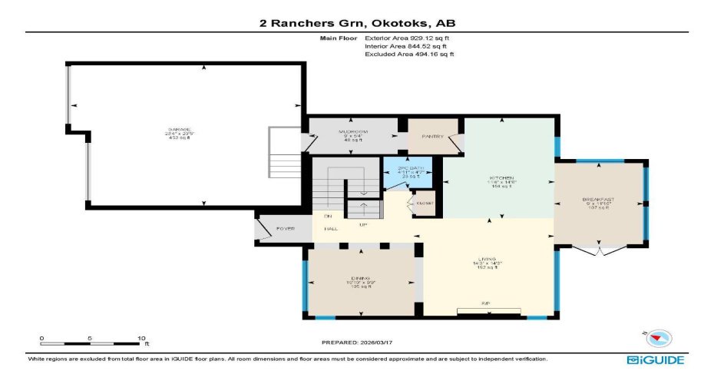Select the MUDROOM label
352,131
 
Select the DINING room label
360,278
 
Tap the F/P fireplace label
486,303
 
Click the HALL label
329,229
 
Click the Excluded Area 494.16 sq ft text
409,55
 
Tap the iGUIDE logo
655,359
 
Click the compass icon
659,337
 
